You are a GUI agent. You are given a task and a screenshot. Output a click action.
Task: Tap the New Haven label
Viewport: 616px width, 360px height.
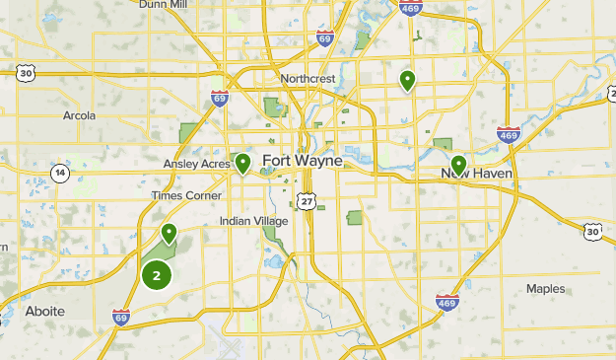[477, 173]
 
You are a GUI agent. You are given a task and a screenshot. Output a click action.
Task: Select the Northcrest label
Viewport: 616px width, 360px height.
[308, 78]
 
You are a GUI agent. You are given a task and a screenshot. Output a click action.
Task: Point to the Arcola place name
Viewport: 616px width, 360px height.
[79, 115]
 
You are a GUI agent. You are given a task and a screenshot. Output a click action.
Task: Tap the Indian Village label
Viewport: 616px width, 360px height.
[254, 221]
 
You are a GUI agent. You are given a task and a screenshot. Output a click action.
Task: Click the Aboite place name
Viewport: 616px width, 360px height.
[45, 311]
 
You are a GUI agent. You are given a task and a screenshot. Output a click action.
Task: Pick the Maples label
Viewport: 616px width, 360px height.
[545, 289]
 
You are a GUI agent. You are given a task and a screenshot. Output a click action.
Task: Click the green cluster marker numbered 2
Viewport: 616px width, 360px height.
[156, 275]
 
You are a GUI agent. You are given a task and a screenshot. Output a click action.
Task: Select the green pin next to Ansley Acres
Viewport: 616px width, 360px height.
[242, 163]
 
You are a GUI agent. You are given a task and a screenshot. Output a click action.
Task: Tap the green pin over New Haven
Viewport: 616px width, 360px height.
[458, 164]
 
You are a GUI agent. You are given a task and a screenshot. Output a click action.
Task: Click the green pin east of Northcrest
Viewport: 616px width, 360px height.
[406, 80]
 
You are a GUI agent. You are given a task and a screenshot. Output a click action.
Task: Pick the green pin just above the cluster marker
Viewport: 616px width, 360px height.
[169, 234]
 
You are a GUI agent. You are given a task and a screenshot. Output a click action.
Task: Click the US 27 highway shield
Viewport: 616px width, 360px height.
[308, 200]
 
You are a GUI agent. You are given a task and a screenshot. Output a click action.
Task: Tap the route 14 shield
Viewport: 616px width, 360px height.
[61, 174]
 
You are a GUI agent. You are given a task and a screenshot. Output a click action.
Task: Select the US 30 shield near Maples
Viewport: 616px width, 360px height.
[591, 231]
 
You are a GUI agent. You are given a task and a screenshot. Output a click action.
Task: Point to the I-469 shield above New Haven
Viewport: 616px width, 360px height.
[509, 135]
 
